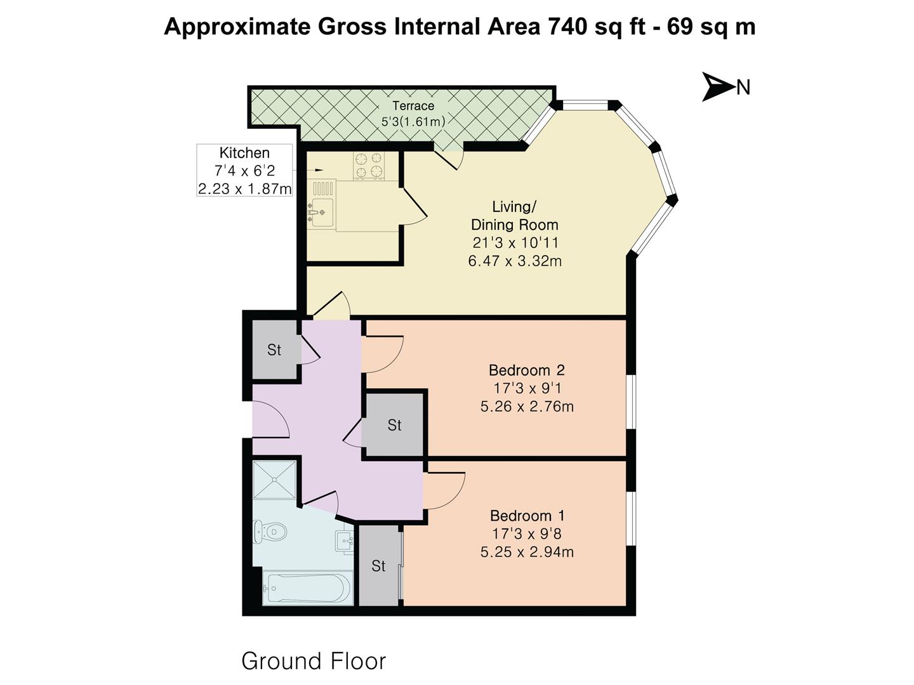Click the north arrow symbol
tap(718, 86)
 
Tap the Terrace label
tap(413, 106)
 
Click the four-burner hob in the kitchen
tap(369, 165)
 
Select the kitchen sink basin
tap(321, 210)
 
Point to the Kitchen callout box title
tap(244, 153)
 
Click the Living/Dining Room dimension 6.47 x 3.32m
tap(514, 261)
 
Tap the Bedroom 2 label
tap(526, 370)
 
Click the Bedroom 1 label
tap(527, 516)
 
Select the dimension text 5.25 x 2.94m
tap(527, 552)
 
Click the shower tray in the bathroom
tap(275, 480)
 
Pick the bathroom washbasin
tap(343, 541)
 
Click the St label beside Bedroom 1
tap(378, 566)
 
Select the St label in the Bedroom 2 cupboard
tap(394, 425)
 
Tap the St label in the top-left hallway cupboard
tap(274, 350)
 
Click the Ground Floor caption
tap(314, 661)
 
